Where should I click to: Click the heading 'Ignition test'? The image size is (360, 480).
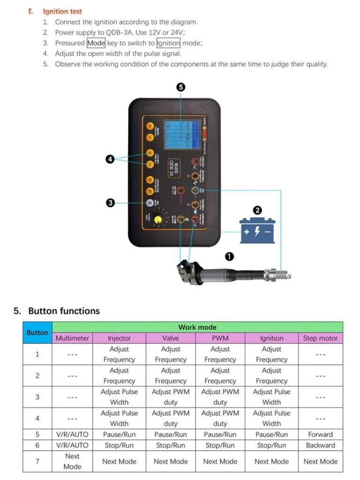62,11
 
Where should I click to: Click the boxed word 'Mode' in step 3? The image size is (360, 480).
96,43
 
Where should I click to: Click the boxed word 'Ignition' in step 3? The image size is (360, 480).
168,43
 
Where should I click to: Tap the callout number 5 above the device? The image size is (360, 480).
181,87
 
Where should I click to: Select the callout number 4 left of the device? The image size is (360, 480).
110,159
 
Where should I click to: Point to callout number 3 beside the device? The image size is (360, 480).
110,202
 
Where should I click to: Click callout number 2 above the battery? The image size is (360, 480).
257,210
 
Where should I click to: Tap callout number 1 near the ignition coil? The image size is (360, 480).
229,256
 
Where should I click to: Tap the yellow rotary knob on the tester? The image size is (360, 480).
158,219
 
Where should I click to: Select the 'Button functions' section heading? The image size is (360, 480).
64,311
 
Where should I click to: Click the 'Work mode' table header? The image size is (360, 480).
197,327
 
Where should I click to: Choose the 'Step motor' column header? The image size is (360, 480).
320,338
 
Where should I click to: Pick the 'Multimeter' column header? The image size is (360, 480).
72,338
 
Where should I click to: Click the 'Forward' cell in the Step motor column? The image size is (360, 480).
320,435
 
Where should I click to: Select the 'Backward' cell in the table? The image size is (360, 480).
320,445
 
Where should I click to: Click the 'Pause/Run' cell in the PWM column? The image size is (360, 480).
220,435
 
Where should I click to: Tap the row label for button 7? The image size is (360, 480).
37,461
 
